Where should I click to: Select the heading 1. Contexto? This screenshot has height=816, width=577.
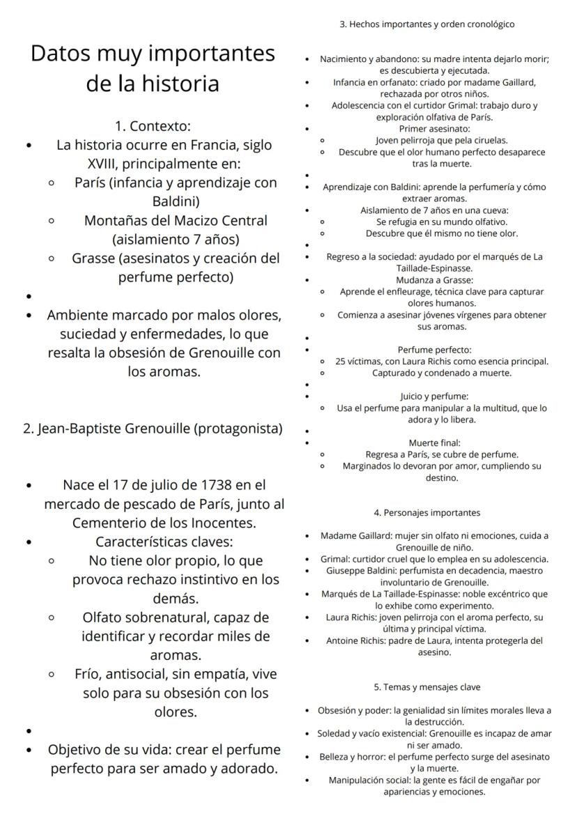coord(153,127)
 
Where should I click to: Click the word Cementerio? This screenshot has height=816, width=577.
coord(113,523)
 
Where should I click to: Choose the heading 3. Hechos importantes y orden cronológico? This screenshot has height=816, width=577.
coord(427,24)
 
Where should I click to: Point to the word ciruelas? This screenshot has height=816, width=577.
coord(486,140)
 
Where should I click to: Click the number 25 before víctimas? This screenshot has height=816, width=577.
coord(341,361)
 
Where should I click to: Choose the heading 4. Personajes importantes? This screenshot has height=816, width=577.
coord(427,513)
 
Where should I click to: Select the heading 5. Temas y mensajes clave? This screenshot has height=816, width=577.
coord(427,687)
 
